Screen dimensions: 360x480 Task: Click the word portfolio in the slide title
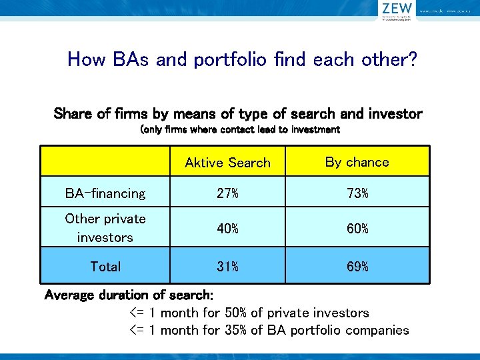(230, 60)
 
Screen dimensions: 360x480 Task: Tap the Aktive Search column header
(227, 163)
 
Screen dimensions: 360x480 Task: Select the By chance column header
(357, 162)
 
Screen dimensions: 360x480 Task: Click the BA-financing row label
(105, 194)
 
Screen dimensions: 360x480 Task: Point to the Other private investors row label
(105, 228)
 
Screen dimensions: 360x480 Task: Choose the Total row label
(105, 267)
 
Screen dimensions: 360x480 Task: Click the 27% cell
(227, 194)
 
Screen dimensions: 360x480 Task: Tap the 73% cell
(357, 194)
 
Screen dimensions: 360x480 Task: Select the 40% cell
(227, 229)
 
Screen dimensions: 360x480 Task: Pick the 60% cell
(357, 229)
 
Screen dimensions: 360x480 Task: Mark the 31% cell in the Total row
(227, 267)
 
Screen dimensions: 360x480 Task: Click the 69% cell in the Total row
(357, 267)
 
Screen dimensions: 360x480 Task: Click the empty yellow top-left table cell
(105, 161)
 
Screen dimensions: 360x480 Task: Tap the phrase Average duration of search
(128, 295)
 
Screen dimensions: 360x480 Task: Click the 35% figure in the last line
(236, 330)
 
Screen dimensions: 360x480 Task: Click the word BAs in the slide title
(126, 60)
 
